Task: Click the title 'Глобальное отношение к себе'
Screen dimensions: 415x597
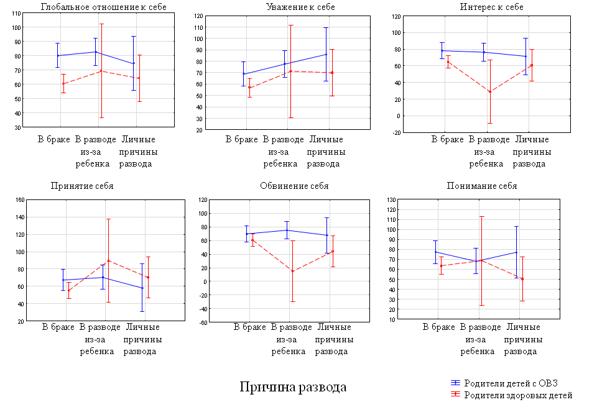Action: pyautogui.click(x=99, y=7)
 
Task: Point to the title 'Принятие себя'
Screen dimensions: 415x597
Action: pyautogui.click(x=82, y=186)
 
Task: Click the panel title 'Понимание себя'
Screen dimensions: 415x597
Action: pyautogui.click(x=482, y=186)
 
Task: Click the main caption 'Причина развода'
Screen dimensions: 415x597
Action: pyautogui.click(x=293, y=387)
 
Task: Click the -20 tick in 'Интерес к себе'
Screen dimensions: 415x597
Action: pyautogui.click(x=396, y=132)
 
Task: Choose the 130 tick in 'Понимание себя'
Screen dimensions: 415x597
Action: pyautogui.click(x=391, y=200)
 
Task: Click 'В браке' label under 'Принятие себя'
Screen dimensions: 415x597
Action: pyautogui.click(x=58, y=327)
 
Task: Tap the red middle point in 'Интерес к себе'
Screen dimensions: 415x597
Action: pyautogui.click(x=490, y=91)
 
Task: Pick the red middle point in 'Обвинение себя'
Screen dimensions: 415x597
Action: pyautogui.click(x=292, y=271)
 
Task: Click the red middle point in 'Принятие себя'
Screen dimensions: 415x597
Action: pyautogui.click(x=108, y=261)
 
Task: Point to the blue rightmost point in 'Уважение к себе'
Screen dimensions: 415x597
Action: pyautogui.click(x=326, y=54)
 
